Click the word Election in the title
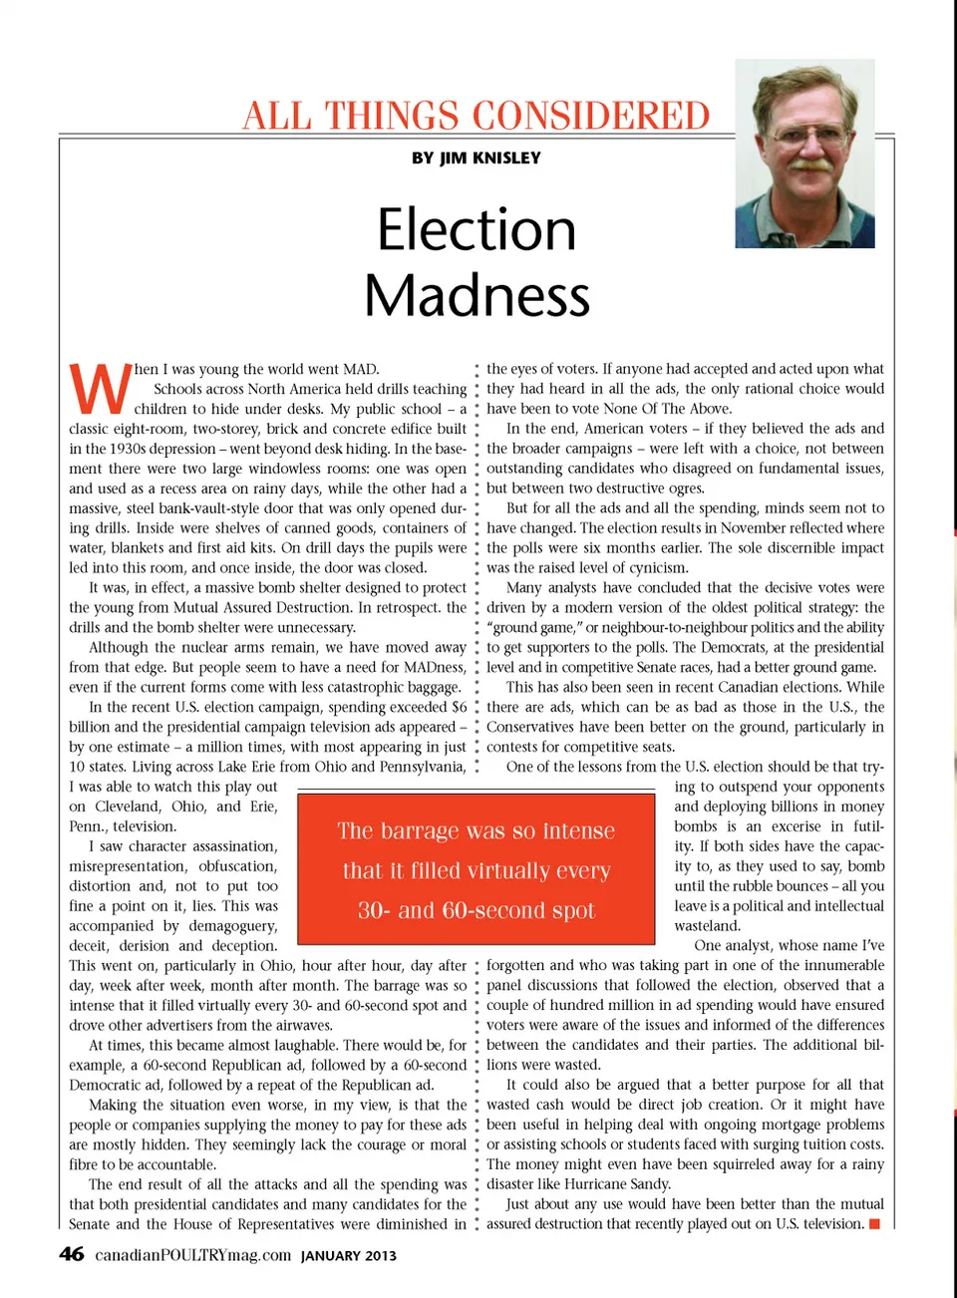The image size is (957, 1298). tap(477, 229)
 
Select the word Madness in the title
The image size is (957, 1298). tap(477, 295)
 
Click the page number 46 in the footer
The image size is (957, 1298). tap(72, 1254)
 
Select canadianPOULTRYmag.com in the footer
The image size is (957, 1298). tap(193, 1255)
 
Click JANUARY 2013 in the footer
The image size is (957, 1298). tap(349, 1256)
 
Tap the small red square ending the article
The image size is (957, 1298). tap(874, 1223)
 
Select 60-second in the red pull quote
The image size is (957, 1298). tap(539, 910)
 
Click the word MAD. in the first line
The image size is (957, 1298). tap(360, 369)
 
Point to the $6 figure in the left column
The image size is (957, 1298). tap(459, 707)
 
